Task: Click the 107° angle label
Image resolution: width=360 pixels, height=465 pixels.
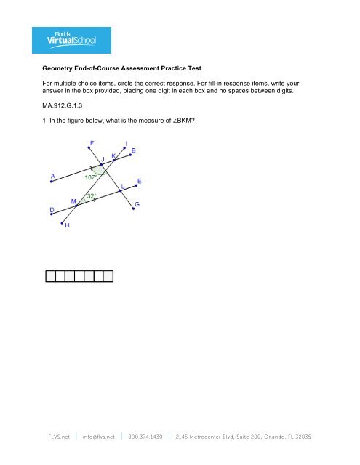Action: coord(92,177)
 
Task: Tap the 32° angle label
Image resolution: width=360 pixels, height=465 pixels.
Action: coord(92,195)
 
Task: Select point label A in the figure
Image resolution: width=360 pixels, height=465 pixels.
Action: coord(52,175)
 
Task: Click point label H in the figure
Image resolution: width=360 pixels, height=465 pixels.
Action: coord(68,225)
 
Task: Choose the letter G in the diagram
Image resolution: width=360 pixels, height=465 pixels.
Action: coord(137,205)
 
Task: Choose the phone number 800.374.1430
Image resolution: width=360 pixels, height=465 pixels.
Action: coord(148,437)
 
